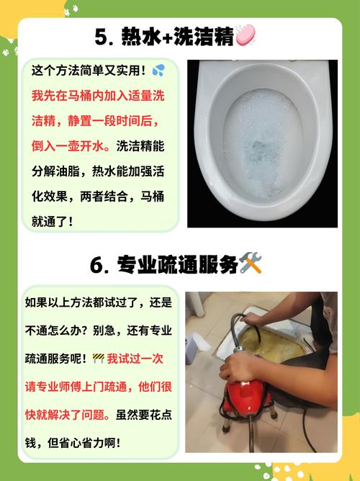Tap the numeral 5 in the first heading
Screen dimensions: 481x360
click(x=101, y=35)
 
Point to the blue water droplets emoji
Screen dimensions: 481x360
click(x=158, y=71)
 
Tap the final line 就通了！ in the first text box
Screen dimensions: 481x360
click(x=52, y=221)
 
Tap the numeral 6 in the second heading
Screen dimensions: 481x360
click(x=98, y=266)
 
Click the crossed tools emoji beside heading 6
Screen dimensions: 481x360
click(x=251, y=264)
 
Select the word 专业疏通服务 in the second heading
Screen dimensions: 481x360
click(x=177, y=266)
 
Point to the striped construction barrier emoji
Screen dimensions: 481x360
click(x=99, y=357)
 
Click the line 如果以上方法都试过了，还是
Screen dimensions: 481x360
click(x=98, y=302)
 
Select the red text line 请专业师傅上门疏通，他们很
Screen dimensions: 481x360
click(x=98, y=386)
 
